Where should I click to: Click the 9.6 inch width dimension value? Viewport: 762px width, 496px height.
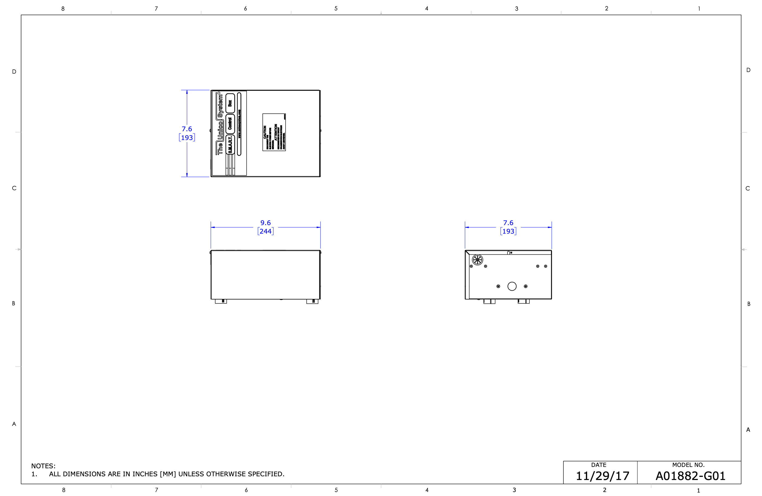click(265, 223)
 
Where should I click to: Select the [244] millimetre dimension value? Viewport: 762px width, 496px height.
click(265, 231)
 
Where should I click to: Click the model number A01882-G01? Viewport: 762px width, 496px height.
click(690, 476)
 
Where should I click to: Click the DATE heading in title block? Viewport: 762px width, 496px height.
click(598, 465)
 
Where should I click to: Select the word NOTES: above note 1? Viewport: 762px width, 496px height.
click(43, 466)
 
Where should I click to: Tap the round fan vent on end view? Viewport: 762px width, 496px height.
click(477, 260)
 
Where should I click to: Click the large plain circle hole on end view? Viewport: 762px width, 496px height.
click(512, 286)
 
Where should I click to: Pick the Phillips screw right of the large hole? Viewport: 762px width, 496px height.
click(525, 286)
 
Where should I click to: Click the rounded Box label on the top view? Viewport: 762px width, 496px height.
click(230, 103)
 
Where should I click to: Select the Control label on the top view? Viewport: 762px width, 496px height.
click(230, 124)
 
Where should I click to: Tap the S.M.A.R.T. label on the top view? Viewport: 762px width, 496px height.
click(230, 145)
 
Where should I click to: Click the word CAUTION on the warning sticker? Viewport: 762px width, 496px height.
click(265, 132)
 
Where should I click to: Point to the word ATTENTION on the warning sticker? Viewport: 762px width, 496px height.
click(276, 132)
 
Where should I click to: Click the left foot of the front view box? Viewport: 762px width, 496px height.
click(221, 301)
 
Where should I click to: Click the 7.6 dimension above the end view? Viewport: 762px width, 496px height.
click(508, 223)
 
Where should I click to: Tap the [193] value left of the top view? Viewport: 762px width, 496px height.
click(187, 137)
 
